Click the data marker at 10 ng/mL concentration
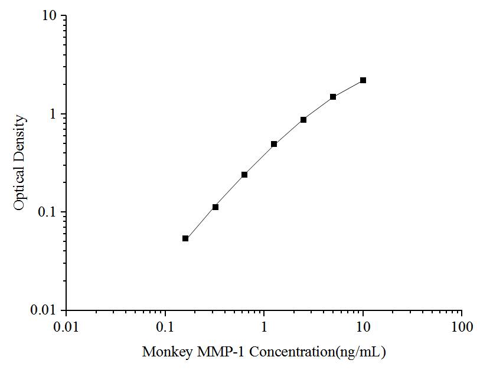coord(363,80)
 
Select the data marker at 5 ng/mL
coord(333,97)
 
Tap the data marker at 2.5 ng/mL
coord(303,120)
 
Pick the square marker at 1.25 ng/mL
coord(274,144)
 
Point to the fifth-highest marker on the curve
coord(244,175)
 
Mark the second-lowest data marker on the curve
coord(215,207)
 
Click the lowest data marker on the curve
coord(185,238)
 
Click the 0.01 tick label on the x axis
coord(66,326)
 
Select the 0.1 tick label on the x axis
coord(165,326)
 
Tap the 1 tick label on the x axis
coord(265,326)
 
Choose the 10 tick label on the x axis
coord(363,326)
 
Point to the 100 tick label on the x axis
coord(462,326)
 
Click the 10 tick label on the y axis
coord(50,16)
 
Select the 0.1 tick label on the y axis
coord(48,212)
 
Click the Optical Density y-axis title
coord(20,163)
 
